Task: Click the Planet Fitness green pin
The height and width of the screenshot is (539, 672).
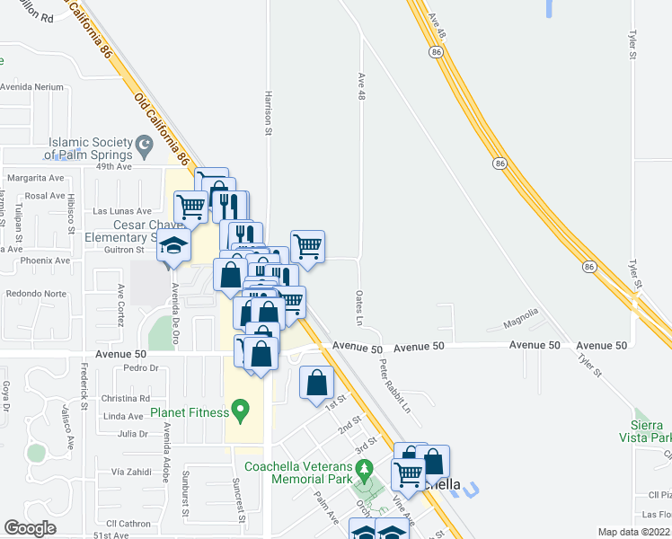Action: pos(239,413)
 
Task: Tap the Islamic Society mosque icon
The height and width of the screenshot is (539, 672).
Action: pos(143,144)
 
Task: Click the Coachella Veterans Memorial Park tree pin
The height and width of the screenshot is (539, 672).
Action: pos(364,469)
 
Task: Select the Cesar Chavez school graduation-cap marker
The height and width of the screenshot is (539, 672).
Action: pos(173,246)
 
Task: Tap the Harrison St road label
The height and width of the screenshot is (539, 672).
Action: pos(268,112)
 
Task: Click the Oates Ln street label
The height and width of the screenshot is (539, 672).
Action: pos(358,307)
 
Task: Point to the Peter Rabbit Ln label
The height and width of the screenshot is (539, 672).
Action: pos(393,386)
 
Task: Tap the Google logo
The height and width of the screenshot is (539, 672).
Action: pos(30,528)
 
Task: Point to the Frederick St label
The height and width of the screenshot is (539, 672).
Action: pos(83,385)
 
